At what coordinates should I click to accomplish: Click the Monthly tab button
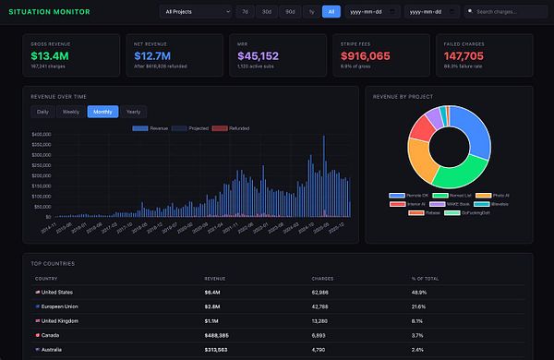coord(102,112)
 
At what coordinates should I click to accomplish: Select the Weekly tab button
coord(70,112)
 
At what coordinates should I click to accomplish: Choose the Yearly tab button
coord(134,112)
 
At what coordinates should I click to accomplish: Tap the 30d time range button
coord(267,12)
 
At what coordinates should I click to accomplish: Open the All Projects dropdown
coord(196,12)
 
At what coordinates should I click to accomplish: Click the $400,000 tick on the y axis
coord(40,134)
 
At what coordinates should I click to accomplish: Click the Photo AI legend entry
coord(497,196)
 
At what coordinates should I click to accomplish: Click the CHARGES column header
coord(322,278)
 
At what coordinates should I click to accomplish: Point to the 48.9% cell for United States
coord(420,291)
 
